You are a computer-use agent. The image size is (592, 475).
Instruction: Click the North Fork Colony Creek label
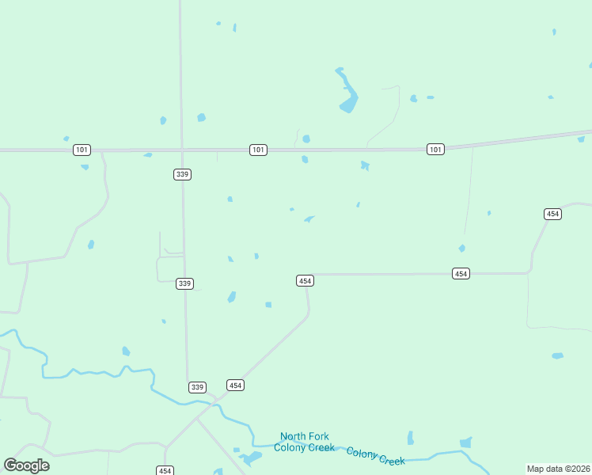pos(305,442)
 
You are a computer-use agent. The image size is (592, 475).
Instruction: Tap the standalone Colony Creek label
pos(375,455)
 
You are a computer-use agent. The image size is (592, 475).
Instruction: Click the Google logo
pos(26,465)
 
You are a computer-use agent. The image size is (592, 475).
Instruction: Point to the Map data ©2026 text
pos(557,469)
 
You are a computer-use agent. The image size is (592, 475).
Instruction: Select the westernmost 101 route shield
pos(82,150)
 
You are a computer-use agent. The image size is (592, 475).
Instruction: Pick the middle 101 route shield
pos(258,150)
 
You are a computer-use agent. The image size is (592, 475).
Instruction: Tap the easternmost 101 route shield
pos(435,149)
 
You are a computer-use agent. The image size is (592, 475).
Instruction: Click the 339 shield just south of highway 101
pos(182,174)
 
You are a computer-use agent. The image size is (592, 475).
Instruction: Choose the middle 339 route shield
pos(184,283)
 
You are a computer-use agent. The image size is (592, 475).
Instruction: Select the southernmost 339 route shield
pos(197,387)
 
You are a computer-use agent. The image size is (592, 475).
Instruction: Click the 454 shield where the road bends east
pos(305,281)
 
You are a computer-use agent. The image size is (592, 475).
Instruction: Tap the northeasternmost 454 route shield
pos(553,214)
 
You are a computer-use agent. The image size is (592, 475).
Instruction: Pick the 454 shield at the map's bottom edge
pos(165,470)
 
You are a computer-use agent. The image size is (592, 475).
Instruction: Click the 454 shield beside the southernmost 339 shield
pos(235,386)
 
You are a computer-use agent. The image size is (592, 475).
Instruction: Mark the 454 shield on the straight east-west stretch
pos(461,273)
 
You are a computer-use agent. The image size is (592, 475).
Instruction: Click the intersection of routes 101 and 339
pos(182,149)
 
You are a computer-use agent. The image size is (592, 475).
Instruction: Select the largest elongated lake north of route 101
pos(347,91)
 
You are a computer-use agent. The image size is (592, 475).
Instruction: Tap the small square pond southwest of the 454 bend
pos(268,305)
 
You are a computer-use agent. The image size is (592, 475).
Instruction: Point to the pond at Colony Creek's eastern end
pos(465,443)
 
